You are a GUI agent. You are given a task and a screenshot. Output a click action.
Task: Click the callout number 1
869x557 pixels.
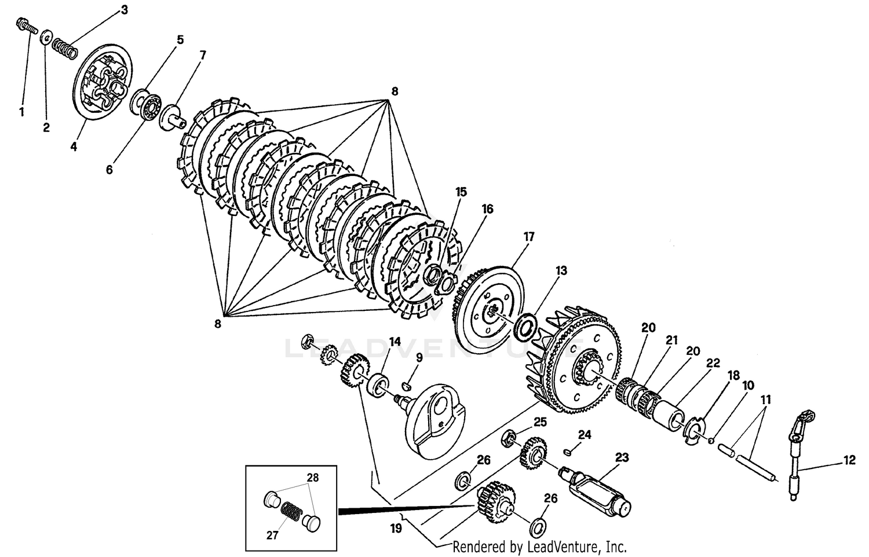22,112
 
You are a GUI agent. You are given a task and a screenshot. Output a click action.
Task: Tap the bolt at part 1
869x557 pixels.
25,27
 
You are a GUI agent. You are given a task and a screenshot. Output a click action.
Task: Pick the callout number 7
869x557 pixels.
202,56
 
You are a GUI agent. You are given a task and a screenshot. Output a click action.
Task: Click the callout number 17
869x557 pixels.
528,237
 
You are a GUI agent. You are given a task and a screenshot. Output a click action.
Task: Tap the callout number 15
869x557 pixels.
461,192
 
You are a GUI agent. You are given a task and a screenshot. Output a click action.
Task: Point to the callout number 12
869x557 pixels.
849,461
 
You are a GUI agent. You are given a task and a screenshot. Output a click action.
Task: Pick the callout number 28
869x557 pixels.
313,478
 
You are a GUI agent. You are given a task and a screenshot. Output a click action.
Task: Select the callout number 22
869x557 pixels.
713,363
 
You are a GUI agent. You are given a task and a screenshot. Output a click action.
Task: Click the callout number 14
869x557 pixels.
395,342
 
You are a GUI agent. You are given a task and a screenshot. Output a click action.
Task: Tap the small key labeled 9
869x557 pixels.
408,383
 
